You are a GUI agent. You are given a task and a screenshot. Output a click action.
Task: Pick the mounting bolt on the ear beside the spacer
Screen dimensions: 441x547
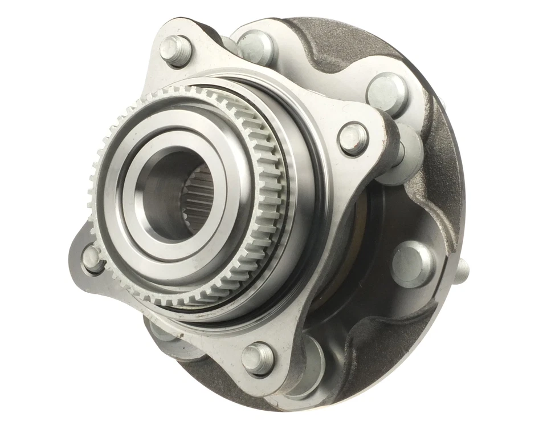tap(353, 138)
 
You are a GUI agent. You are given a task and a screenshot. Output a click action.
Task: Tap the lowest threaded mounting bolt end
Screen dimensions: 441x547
tap(258, 358)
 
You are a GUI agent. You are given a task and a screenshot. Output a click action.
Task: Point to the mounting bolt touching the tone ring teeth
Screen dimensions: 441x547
tap(93, 258)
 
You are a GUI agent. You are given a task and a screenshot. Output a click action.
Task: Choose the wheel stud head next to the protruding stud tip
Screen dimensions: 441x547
tap(414, 264)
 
